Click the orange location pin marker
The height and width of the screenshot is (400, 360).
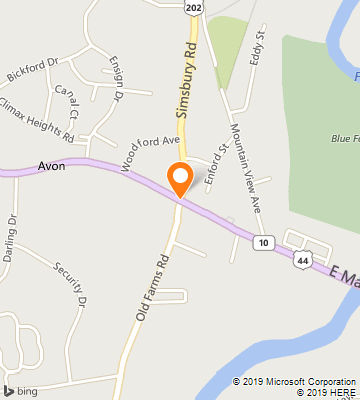pos(180,178)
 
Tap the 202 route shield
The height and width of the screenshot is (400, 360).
pos(192,7)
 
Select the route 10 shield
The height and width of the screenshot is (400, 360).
pos(263,243)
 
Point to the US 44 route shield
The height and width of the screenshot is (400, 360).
pos(302,260)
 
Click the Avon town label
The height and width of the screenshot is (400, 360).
pos(52,166)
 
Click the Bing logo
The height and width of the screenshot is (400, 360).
pos(20,389)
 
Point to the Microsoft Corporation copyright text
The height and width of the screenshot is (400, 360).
pos(294,381)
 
